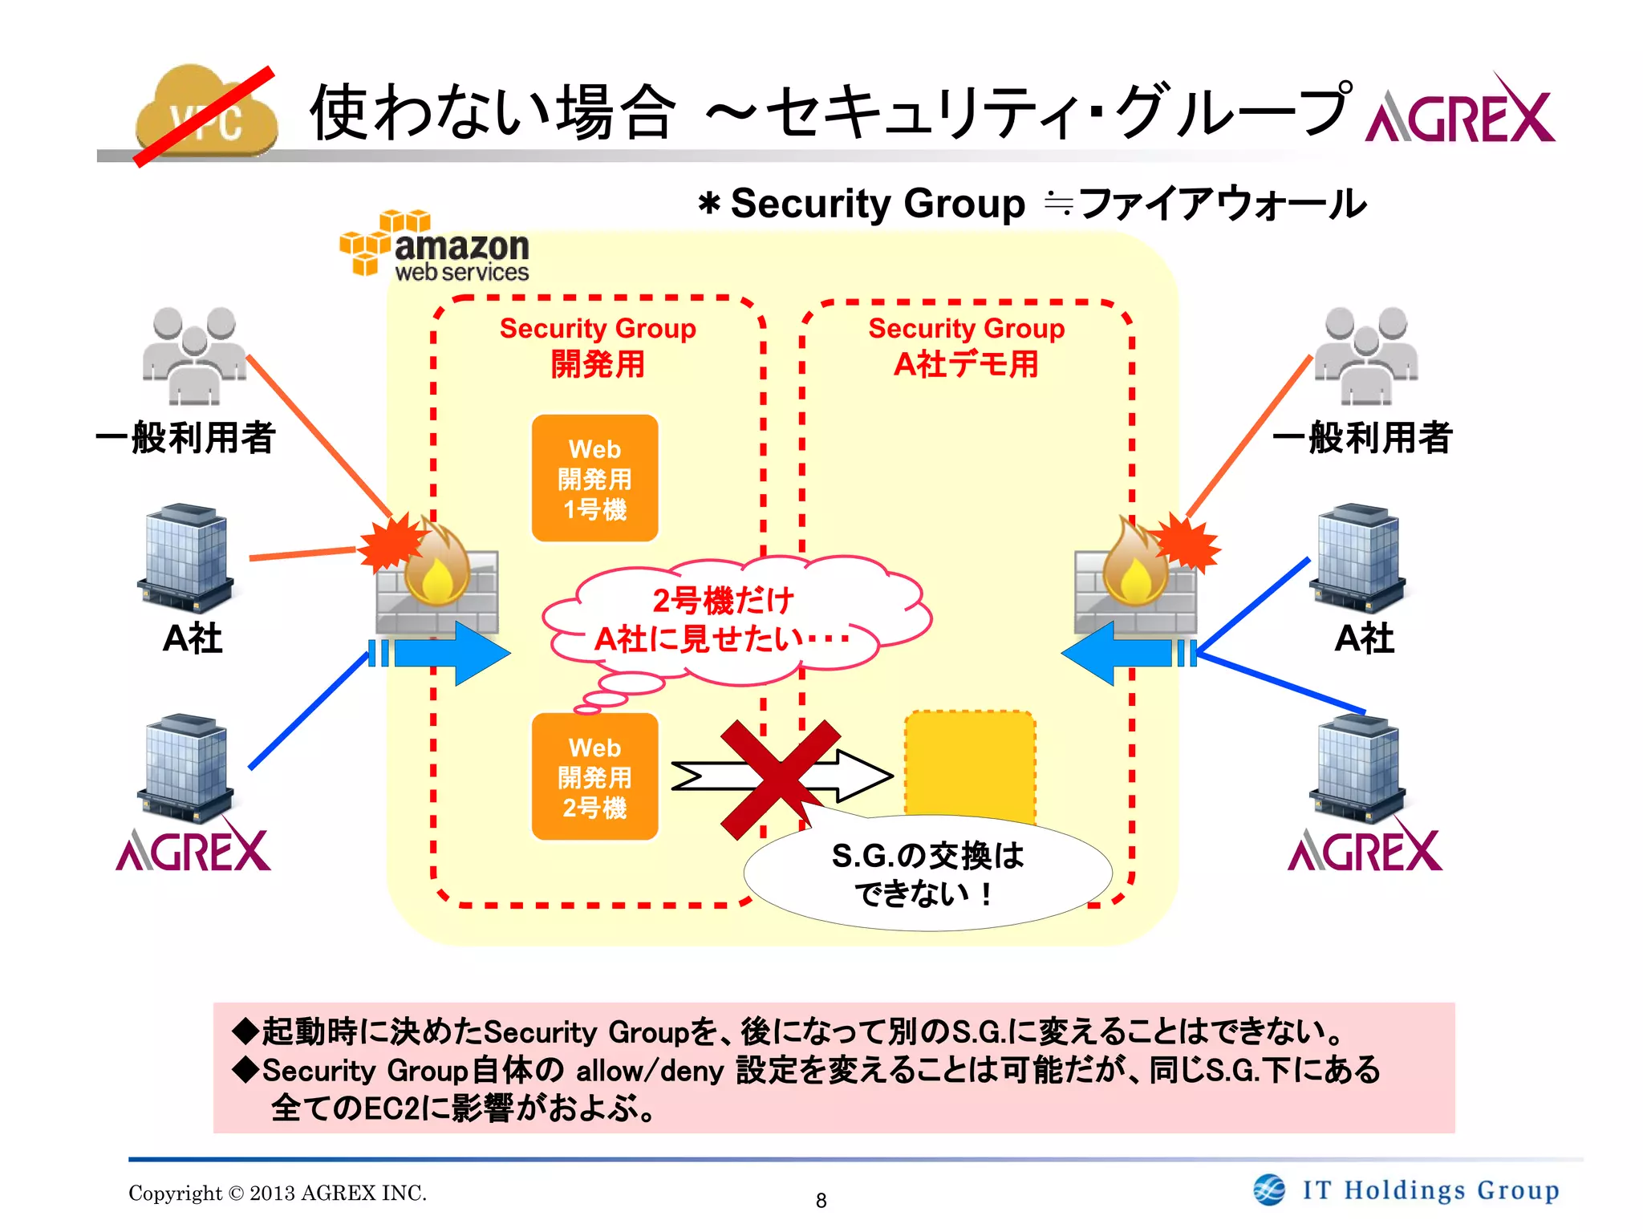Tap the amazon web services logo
click(434, 247)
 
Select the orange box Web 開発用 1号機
click(594, 478)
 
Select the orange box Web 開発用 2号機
click(594, 776)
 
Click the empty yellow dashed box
click(970, 762)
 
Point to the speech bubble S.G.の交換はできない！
click(927, 874)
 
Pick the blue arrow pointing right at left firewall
click(449, 653)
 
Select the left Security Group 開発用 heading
click(598, 346)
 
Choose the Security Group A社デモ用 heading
click(966, 346)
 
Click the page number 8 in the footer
click(821, 1200)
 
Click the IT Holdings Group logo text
click(1430, 1189)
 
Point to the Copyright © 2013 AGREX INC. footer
click(278, 1193)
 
